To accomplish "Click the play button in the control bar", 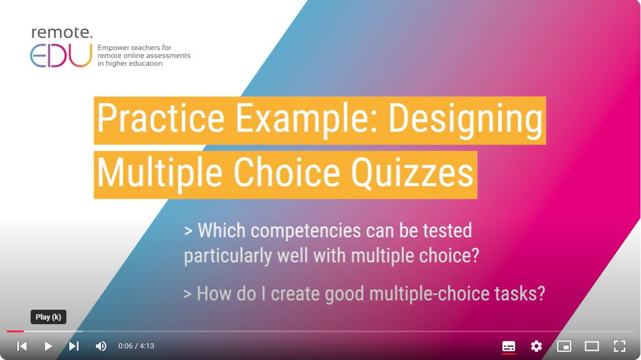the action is (49, 346).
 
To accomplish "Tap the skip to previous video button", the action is (22, 346).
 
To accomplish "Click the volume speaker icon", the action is (101, 346).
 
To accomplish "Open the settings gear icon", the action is (536, 346).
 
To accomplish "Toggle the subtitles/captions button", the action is (509, 346).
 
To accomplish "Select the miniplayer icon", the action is (564, 346).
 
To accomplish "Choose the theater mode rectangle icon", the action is (591, 346).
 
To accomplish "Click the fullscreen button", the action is (619, 346).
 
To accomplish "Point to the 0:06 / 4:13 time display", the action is (136, 346).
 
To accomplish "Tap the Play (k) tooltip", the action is (49, 317).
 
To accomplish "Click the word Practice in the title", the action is (161, 118).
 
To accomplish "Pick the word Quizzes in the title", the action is (412, 173).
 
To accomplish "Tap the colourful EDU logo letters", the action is (61, 55).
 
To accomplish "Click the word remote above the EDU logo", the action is (62, 33).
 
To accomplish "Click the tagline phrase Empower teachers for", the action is (135, 48).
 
